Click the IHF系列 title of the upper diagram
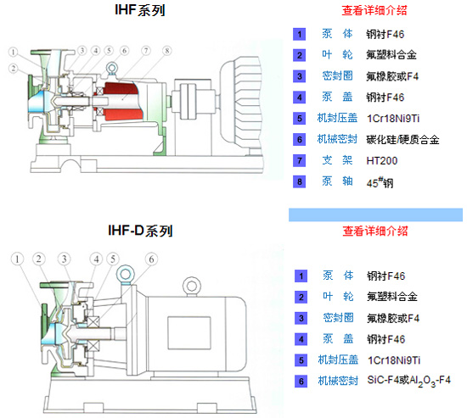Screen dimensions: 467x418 (140, 10)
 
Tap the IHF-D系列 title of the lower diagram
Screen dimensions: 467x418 (140, 231)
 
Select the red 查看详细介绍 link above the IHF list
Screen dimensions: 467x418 (374, 10)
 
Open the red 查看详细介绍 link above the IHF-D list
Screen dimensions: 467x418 (375, 231)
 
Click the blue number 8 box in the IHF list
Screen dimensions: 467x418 (300, 181)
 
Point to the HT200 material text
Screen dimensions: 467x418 (382, 161)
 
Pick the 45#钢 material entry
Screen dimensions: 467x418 (380, 182)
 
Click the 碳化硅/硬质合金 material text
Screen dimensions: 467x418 (402, 140)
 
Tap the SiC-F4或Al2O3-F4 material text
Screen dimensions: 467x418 (409, 381)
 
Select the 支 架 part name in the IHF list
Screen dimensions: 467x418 (337, 160)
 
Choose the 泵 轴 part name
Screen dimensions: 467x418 (337, 181)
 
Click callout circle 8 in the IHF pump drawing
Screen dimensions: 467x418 (167, 51)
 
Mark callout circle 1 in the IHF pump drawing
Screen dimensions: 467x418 (13, 52)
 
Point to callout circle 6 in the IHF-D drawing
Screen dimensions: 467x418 (151, 259)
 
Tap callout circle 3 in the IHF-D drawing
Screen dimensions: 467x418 (64, 259)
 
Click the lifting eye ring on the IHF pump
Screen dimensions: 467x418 (111, 68)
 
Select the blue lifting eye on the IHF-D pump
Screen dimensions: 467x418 (125, 274)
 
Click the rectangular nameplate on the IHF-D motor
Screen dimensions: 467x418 (189, 333)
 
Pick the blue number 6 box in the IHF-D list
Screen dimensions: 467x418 (301, 382)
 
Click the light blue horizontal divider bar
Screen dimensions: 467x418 (375, 215)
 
